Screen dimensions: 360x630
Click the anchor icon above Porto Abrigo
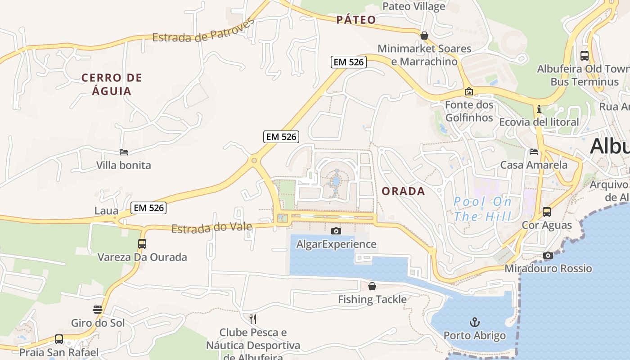(x=474, y=322)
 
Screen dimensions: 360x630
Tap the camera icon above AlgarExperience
(x=336, y=231)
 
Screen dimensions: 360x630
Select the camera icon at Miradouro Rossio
(x=548, y=256)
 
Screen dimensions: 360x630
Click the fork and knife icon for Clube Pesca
(x=253, y=319)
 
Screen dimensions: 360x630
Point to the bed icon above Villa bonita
(x=124, y=152)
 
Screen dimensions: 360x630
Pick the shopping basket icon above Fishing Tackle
(x=372, y=286)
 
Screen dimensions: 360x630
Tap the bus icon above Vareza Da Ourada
(x=142, y=244)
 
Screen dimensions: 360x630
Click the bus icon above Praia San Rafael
(x=59, y=339)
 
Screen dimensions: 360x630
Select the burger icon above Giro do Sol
(x=98, y=310)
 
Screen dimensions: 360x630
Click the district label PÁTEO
(x=356, y=20)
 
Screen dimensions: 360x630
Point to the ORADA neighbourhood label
(x=403, y=191)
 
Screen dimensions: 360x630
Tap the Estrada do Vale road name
(x=211, y=228)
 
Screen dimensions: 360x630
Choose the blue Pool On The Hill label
(x=482, y=209)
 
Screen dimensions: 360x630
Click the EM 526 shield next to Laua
(x=149, y=208)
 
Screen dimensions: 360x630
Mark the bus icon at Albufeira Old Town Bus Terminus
(x=584, y=56)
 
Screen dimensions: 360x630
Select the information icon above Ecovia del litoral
(x=539, y=109)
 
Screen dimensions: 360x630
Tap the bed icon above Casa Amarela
(x=534, y=152)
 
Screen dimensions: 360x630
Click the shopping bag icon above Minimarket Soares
(x=424, y=36)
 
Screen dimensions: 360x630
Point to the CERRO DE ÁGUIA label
(x=112, y=84)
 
